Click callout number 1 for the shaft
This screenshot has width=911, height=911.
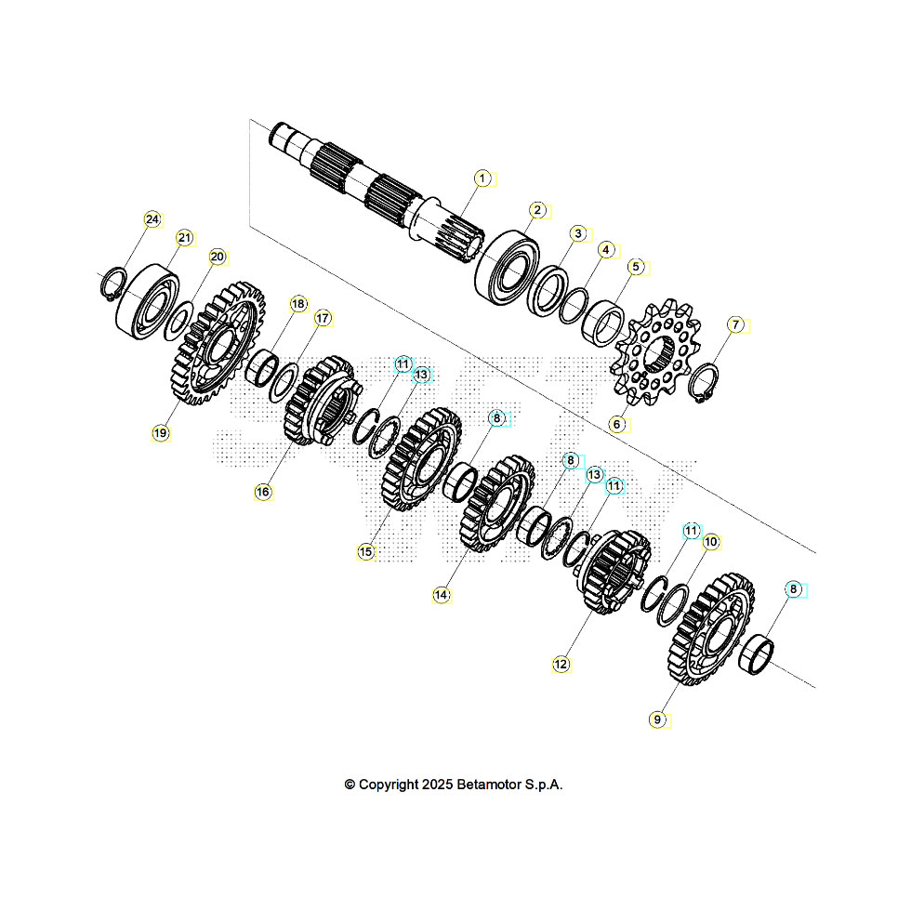click(x=482, y=177)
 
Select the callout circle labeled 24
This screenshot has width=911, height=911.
click(x=152, y=219)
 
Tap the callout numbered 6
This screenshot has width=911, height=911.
click(x=615, y=423)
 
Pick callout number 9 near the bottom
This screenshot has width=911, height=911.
click(x=658, y=719)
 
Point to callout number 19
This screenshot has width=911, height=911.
click(x=161, y=432)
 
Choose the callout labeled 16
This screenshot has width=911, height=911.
click(x=263, y=492)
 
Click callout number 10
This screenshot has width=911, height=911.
click(x=711, y=541)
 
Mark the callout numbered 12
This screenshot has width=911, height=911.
click(x=560, y=664)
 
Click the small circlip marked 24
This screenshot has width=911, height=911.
click(x=112, y=283)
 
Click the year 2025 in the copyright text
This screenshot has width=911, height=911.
click(x=436, y=785)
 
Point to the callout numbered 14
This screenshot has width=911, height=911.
click(x=442, y=593)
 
